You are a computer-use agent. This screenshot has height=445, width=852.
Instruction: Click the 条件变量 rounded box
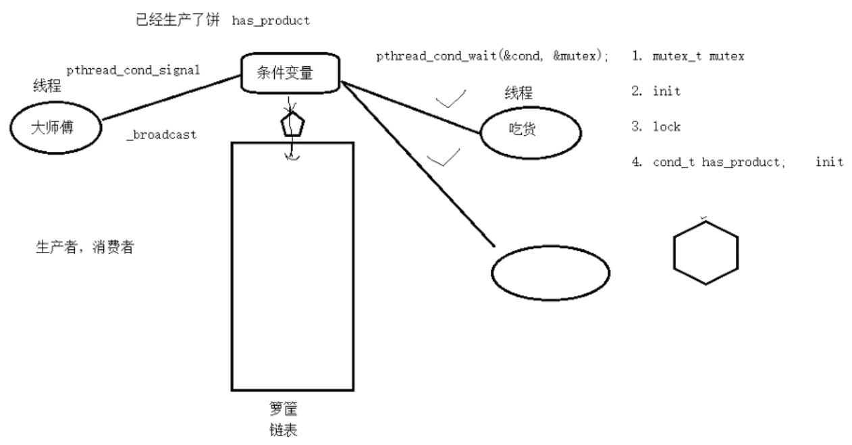pyautogui.click(x=290, y=72)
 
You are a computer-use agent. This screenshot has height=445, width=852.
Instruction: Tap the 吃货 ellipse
pyautogui.click(x=530, y=130)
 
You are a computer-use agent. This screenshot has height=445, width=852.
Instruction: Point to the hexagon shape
pyautogui.click(x=706, y=251)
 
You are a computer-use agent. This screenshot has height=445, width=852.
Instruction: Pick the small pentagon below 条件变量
pyautogui.click(x=292, y=125)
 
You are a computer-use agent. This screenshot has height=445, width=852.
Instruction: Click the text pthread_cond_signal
pyautogui.click(x=132, y=70)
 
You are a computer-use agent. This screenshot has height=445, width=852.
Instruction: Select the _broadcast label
pyautogui.click(x=161, y=135)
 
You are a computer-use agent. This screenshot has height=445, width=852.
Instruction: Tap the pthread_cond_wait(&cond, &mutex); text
pyautogui.click(x=491, y=57)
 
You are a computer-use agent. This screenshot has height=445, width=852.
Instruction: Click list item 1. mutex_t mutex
pyautogui.click(x=688, y=57)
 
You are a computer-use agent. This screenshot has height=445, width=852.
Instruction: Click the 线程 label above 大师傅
pyautogui.click(x=47, y=86)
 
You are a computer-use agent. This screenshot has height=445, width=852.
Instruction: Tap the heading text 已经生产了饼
pyautogui.click(x=178, y=20)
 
